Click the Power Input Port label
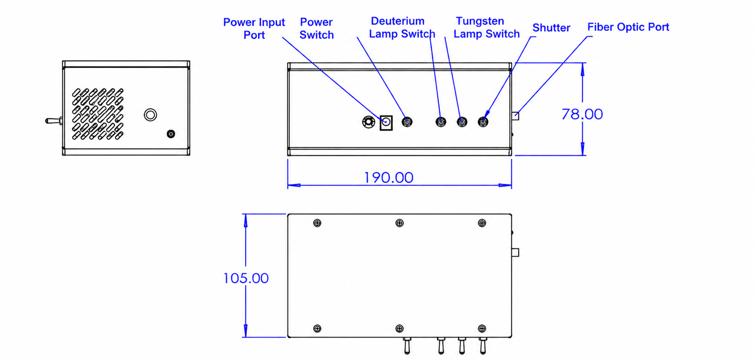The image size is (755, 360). pyautogui.click(x=254, y=28)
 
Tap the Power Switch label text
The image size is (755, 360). pyautogui.click(x=316, y=28)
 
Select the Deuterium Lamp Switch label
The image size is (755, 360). pyautogui.click(x=402, y=27)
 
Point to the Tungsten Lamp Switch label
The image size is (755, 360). pyautogui.click(x=486, y=27)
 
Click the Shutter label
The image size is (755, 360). pyautogui.click(x=551, y=28)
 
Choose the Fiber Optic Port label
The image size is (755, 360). pyautogui.click(x=628, y=27)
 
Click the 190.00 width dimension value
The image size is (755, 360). pyautogui.click(x=389, y=178)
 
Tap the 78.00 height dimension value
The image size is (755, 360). pyautogui.click(x=582, y=114)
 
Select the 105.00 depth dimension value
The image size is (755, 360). pyautogui.click(x=246, y=278)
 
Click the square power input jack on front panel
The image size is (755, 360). pyautogui.click(x=386, y=122)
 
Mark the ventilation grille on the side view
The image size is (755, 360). pyautogui.click(x=98, y=113)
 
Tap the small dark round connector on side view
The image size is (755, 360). pyautogui.click(x=171, y=134)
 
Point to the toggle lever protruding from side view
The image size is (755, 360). pyautogui.click(x=54, y=121)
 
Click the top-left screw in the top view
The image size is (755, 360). pyautogui.click(x=317, y=223)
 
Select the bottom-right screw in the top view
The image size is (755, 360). pyautogui.click(x=482, y=328)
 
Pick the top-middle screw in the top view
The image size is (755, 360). pyautogui.click(x=399, y=223)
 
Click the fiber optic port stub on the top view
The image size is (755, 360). pyautogui.click(x=515, y=252)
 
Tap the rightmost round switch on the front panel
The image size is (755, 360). pyautogui.click(x=483, y=122)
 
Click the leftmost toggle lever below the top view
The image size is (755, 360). pyautogui.click(x=407, y=345)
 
